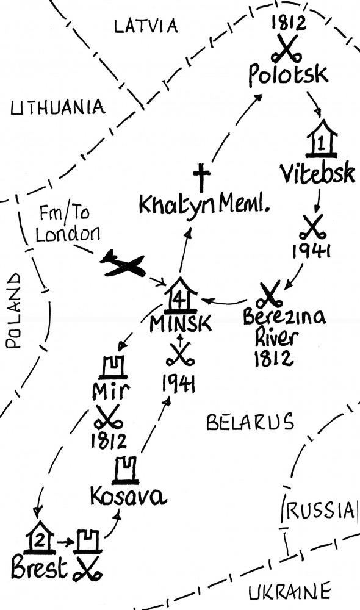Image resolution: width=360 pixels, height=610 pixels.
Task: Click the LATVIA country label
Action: coord(146,26)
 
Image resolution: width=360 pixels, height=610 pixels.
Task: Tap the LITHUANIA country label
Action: coord(57,107)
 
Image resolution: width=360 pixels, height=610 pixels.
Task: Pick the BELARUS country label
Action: coord(250,422)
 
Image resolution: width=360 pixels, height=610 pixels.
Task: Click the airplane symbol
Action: coord(123,265)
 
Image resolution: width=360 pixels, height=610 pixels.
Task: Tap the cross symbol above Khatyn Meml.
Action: coord(201,178)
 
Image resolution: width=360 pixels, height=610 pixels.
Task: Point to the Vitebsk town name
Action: coord(317,173)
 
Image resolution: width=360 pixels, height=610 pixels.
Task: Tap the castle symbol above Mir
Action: coord(113,367)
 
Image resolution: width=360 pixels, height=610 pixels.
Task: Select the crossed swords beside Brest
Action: coord(87,570)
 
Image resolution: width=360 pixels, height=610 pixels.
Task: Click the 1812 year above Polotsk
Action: coord(289,24)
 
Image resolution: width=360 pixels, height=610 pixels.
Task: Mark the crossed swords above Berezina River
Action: coord(270,295)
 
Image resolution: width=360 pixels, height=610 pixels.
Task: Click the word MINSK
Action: coord(181,323)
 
